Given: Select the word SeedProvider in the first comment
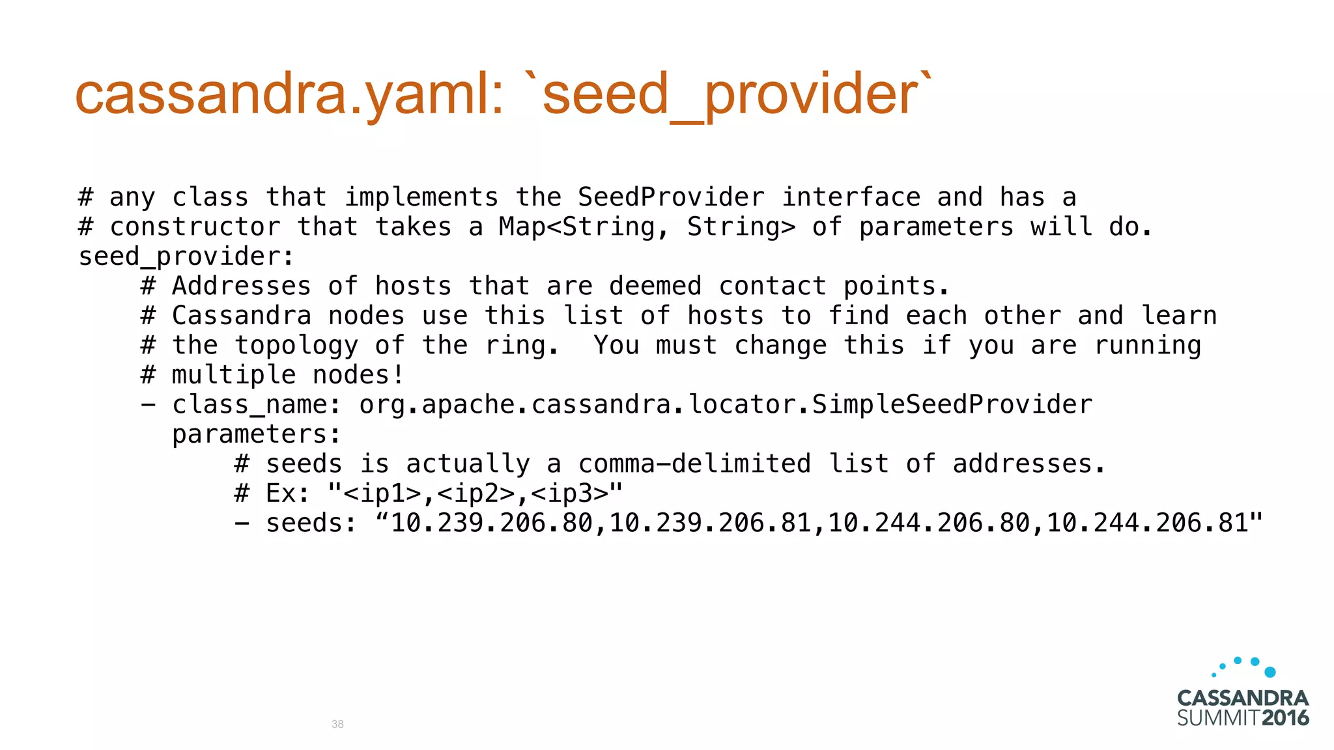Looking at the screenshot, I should coord(671,197).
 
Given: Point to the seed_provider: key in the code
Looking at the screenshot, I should coord(186,257).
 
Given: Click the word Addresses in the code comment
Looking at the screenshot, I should coord(242,286).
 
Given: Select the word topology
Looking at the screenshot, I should coord(296,346).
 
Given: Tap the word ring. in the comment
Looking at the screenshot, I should coord(522,346).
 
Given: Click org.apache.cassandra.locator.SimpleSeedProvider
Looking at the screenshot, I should coord(726,405).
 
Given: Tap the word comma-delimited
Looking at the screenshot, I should coord(694,464).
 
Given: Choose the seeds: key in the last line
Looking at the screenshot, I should coord(311,523).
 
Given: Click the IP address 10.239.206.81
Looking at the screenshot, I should coord(711,523).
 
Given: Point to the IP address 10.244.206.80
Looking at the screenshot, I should coord(930,523).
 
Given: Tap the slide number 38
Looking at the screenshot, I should coord(337,724).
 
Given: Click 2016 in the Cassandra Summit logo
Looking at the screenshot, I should coord(1285,718).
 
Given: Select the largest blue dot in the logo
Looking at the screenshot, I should coord(1270,672).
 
